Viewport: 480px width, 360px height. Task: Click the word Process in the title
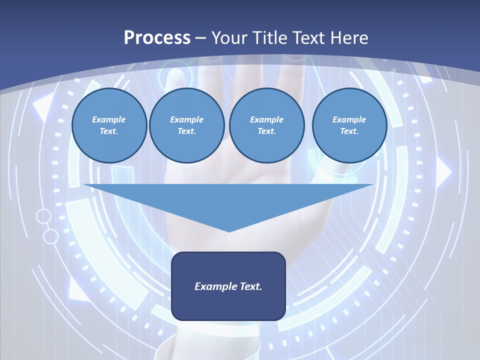pyautogui.click(x=157, y=38)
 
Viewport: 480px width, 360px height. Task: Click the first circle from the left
pyautogui.click(x=109, y=125)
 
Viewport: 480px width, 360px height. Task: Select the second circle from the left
pyautogui.click(x=187, y=125)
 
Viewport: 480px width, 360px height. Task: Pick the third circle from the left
pyautogui.click(x=267, y=125)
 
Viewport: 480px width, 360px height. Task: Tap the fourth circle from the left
pyautogui.click(x=349, y=125)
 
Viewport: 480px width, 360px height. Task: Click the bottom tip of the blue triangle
pyautogui.click(x=229, y=231)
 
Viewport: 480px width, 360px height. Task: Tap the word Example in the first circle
pyautogui.click(x=109, y=119)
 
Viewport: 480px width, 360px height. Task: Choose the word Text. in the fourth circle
pyautogui.click(x=349, y=131)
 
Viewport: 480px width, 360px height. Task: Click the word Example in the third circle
pyautogui.click(x=267, y=119)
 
